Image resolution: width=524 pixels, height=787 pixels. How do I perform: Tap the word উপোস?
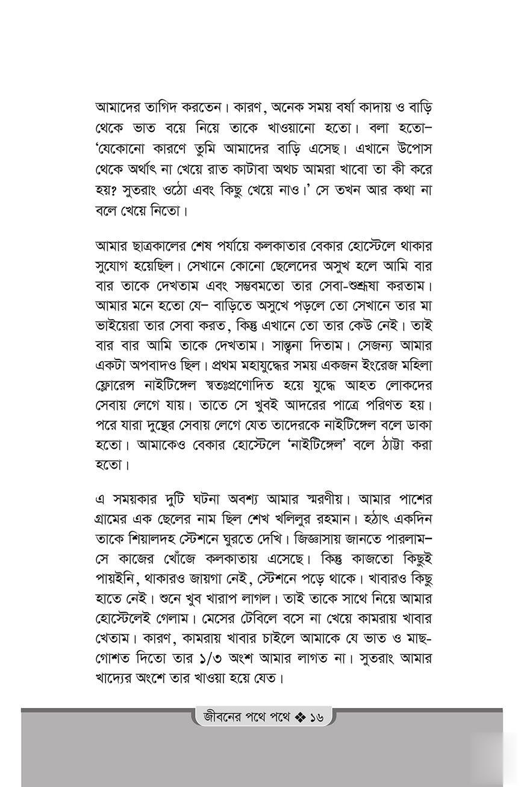coord(411,148)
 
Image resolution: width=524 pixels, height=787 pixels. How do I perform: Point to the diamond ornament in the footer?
coord(299,717)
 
